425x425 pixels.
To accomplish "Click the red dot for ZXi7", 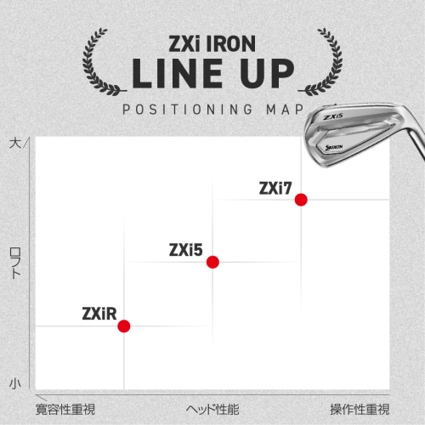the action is pyautogui.click(x=301, y=200).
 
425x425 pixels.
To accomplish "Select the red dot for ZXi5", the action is pyautogui.click(x=212, y=262).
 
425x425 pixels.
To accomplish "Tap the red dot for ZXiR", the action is pyautogui.click(x=124, y=326).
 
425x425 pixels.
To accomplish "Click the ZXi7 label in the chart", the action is pyautogui.click(x=275, y=188).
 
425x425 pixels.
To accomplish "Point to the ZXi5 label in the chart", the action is pyautogui.click(x=186, y=250).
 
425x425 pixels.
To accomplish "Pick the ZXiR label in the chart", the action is pyautogui.click(x=99, y=314).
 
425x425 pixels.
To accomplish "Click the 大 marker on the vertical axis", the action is pyautogui.click(x=15, y=143).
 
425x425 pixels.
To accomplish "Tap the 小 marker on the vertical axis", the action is pyautogui.click(x=15, y=383).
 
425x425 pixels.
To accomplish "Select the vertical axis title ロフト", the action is pyautogui.click(x=15, y=263).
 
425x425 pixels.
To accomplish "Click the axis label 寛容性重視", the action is pyautogui.click(x=65, y=410).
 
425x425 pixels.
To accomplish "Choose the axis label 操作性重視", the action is pyautogui.click(x=360, y=410).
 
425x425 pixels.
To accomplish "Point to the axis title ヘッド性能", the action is pyautogui.click(x=212, y=410).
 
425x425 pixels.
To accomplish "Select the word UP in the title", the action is pyautogui.click(x=267, y=73).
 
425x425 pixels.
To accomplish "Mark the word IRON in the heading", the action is pyautogui.click(x=231, y=44).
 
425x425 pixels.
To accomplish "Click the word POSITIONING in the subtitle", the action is pyautogui.click(x=187, y=110).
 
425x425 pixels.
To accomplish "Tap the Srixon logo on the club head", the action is pyautogui.click(x=334, y=147).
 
